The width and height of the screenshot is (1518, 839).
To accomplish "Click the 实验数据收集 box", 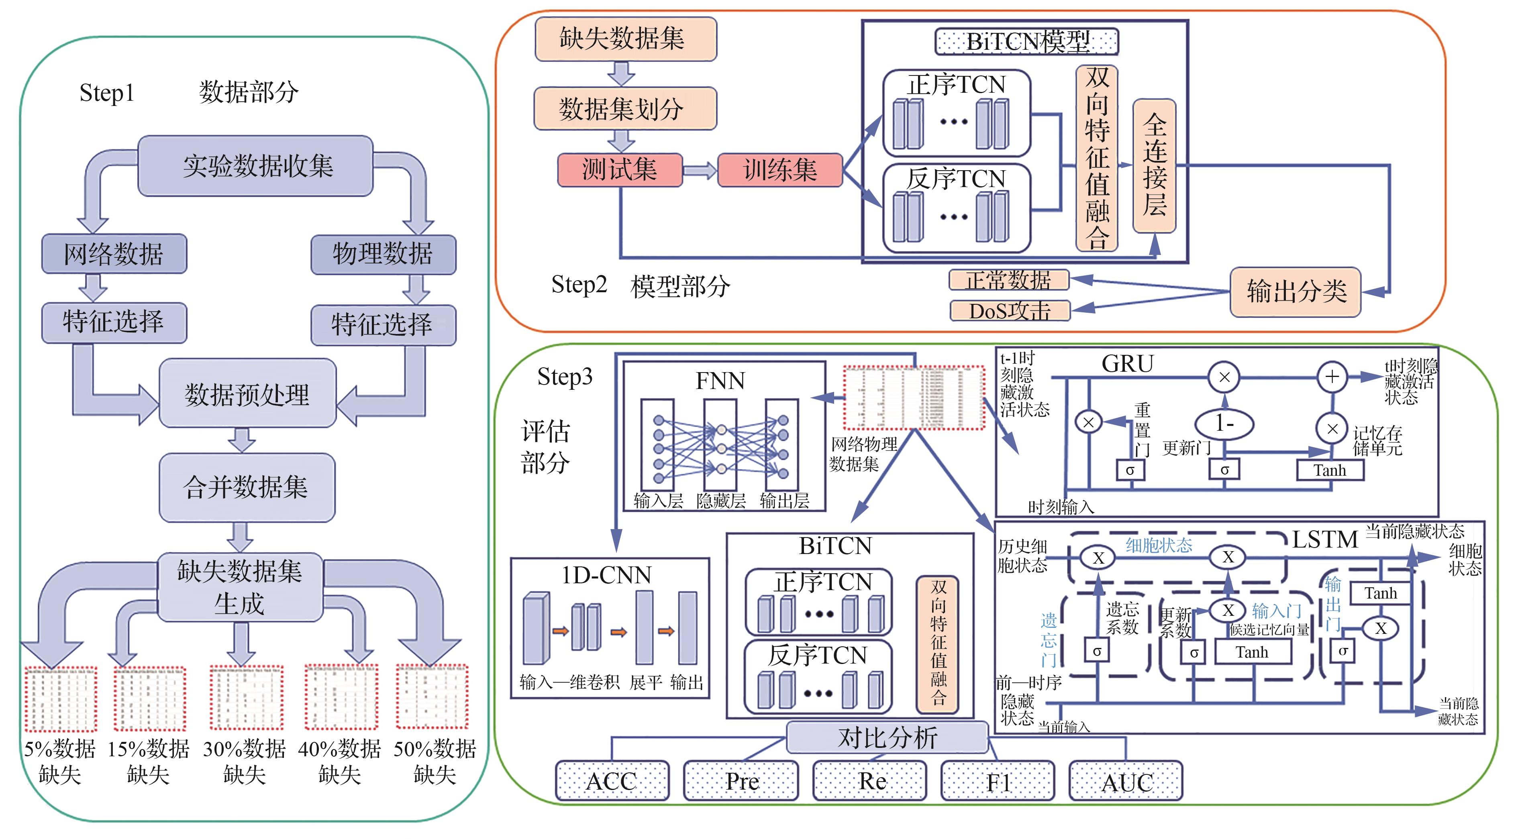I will [x=255, y=165].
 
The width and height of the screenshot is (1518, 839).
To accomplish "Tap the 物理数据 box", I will [x=383, y=254].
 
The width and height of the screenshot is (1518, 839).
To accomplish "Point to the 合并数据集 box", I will [x=246, y=487].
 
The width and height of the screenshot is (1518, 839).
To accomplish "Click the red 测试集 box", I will [x=619, y=170].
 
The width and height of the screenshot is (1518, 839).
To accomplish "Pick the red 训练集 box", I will [x=779, y=170].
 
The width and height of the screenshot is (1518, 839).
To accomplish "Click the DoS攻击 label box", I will [x=1010, y=310].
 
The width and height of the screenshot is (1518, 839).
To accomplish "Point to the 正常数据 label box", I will [x=1008, y=280].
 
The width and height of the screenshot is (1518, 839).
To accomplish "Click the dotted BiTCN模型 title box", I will [x=1026, y=42].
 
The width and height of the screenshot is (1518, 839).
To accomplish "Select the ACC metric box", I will [x=612, y=781].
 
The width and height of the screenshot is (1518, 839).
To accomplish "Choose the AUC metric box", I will [x=1126, y=781].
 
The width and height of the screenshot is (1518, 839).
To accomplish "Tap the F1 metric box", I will [x=997, y=781].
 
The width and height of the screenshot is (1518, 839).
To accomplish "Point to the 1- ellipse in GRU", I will [x=1224, y=423].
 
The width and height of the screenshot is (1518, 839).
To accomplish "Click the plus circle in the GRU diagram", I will [x=1332, y=377].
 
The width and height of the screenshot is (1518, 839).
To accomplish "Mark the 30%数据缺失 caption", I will [x=244, y=761].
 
